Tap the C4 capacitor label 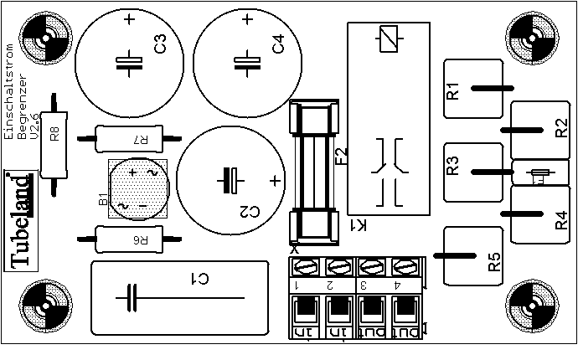[279, 45]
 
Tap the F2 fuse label [341, 157]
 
